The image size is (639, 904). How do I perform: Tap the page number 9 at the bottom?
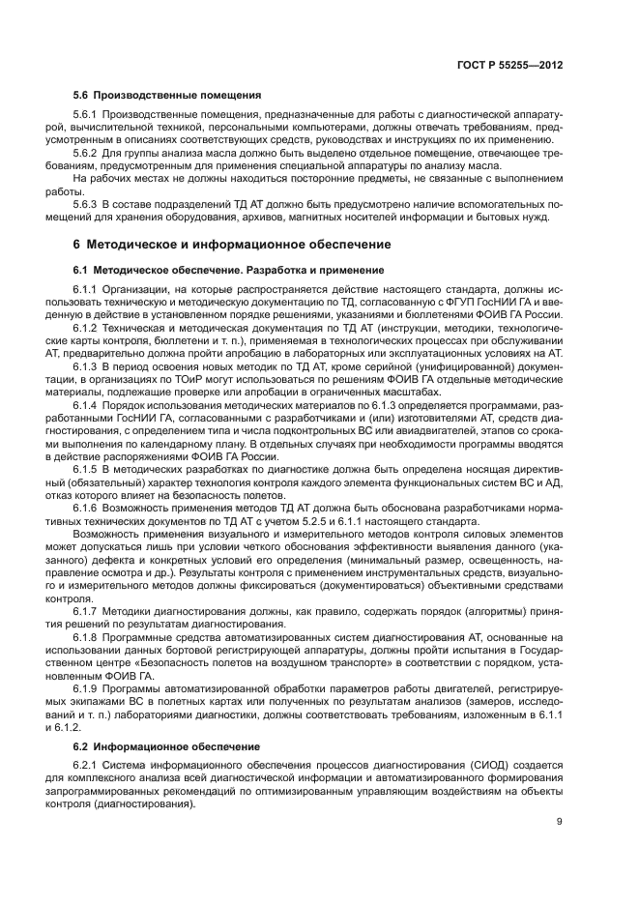point(561,823)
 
